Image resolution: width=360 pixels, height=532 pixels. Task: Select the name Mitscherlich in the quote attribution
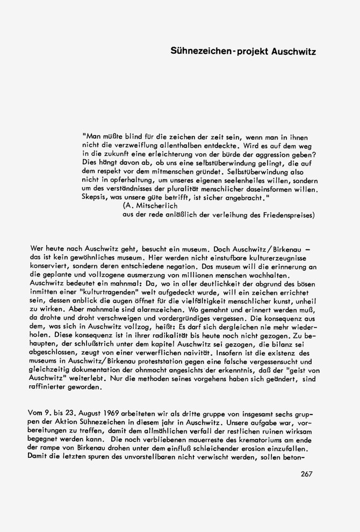click(x=152, y=206)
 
